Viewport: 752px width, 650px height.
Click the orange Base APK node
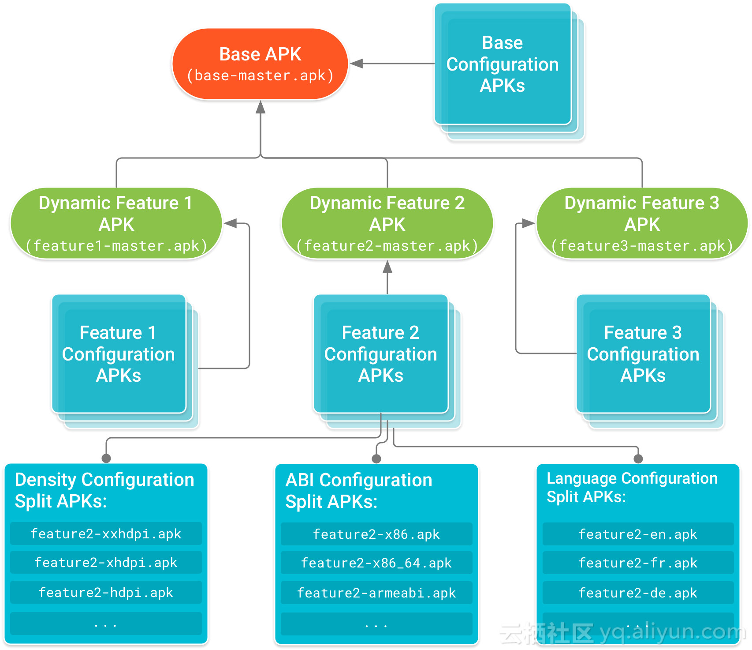(260, 64)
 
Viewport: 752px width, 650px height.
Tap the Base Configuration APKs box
(503, 64)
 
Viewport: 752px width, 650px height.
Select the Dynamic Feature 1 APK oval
(116, 223)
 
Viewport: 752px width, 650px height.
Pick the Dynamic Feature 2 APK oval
(387, 223)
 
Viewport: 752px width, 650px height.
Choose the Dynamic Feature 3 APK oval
(642, 223)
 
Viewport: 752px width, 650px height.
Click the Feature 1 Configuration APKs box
(119, 354)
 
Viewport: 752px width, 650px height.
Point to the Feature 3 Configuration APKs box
(643, 354)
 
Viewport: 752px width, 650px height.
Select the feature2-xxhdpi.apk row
(106, 534)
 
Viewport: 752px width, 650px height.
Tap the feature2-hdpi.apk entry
(106, 592)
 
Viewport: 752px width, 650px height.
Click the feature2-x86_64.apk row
(376, 563)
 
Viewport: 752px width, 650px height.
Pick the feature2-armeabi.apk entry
(376, 593)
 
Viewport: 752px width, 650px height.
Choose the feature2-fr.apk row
(638, 563)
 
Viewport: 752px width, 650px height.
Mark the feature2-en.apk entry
(638, 534)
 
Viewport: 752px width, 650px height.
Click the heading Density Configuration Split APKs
(104, 490)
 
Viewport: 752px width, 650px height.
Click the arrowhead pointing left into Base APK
(356, 64)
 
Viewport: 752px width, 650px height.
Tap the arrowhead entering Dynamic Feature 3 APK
(529, 223)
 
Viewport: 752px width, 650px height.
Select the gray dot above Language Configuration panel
(638, 459)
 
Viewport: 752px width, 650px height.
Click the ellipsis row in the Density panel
(106, 624)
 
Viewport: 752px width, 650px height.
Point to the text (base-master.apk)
(260, 76)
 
